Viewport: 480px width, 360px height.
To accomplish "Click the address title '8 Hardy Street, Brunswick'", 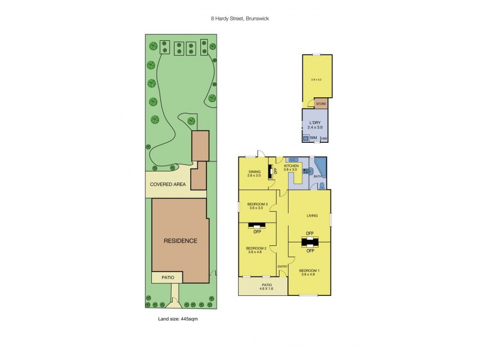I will coord(240,18).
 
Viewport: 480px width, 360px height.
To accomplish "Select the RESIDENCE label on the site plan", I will coord(180,241).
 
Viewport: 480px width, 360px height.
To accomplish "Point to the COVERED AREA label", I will coord(167,185).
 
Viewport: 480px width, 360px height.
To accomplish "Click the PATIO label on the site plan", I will coord(167,277).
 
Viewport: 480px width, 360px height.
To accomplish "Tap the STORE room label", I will coord(321,104).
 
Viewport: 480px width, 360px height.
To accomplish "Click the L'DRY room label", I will coord(316,123).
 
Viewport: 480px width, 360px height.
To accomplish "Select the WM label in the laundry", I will coord(313,139).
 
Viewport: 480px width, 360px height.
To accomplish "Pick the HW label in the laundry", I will coord(325,139).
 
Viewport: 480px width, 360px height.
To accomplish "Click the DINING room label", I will coord(254,172).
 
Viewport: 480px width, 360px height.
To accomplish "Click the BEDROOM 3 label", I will coord(257,205).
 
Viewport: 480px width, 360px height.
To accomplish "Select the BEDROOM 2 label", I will coord(256,248).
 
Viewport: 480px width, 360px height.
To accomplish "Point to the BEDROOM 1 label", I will coord(310,270).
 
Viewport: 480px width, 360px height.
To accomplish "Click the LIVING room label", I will coord(312,215).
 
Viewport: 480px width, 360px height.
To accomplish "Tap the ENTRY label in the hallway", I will coord(283,266).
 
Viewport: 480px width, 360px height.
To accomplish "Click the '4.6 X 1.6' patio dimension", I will coord(267,289).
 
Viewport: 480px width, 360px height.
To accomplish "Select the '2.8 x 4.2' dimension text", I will coord(316,79).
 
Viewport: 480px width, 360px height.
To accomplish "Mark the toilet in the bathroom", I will coord(322,186).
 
